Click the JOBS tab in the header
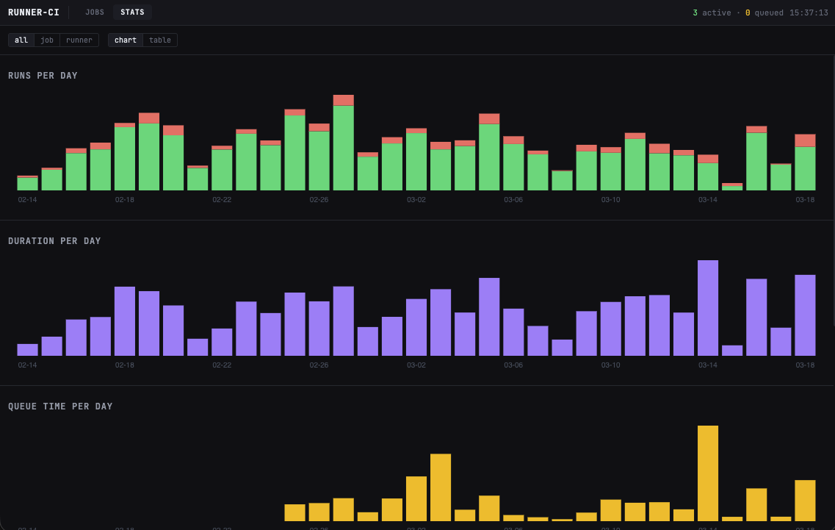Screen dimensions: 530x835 (95, 12)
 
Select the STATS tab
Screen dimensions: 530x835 (132, 12)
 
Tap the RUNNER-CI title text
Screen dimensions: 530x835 (34, 12)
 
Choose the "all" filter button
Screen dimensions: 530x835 (21, 40)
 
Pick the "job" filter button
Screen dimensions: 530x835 (47, 40)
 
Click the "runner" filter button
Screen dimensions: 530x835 (79, 40)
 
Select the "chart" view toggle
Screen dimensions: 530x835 (126, 40)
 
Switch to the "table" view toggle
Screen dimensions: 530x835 (160, 40)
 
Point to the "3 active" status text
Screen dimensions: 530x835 (712, 12)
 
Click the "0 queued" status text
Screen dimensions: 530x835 (764, 12)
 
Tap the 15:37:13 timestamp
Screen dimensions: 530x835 (809, 12)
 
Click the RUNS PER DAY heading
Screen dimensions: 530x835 (43, 76)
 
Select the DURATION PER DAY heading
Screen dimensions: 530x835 (54, 241)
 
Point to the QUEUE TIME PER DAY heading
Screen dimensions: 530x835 (60, 407)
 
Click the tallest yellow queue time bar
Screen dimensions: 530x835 (708, 473)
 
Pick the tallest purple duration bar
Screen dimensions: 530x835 (708, 308)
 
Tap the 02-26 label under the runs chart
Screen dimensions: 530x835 (319, 199)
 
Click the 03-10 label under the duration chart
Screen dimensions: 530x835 (611, 365)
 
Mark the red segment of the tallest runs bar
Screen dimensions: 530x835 (343, 100)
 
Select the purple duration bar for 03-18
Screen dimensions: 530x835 (805, 315)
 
